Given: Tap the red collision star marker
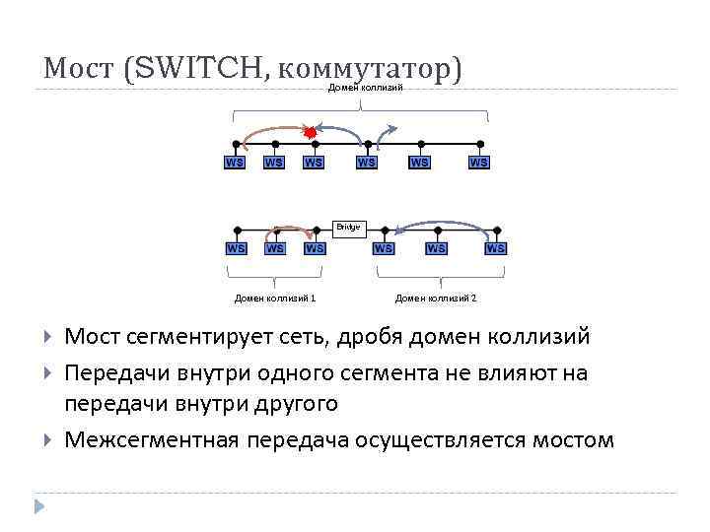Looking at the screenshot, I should pyautogui.click(x=310, y=131).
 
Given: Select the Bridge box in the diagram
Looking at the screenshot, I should pyautogui.click(x=350, y=227).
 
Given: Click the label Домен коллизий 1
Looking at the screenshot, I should pyautogui.click(x=275, y=298).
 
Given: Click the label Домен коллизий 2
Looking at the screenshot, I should pyautogui.click(x=435, y=298).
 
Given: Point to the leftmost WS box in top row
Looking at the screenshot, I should pyautogui.click(x=235, y=162).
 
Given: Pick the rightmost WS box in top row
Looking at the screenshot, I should pyautogui.click(x=478, y=162).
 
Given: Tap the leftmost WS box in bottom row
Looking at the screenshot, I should pyautogui.click(x=237, y=248).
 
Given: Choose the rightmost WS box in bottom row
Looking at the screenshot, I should pyautogui.click(x=496, y=248).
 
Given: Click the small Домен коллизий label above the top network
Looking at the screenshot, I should pyautogui.click(x=366, y=89).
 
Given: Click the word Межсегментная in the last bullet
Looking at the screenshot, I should pyautogui.click(x=151, y=438).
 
